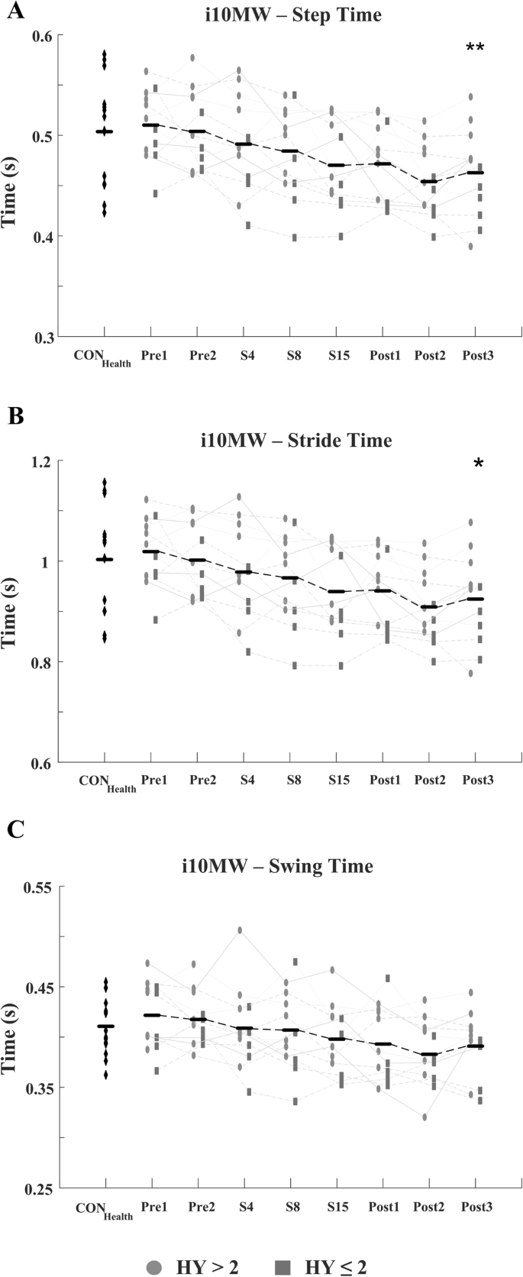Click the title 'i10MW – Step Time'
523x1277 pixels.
pos(292,15)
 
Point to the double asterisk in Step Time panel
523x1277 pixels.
pos(475,48)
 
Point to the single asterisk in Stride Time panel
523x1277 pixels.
pos(479,464)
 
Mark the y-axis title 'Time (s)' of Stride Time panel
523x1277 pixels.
pos(10,612)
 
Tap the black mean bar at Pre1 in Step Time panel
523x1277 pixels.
pos(151,125)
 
